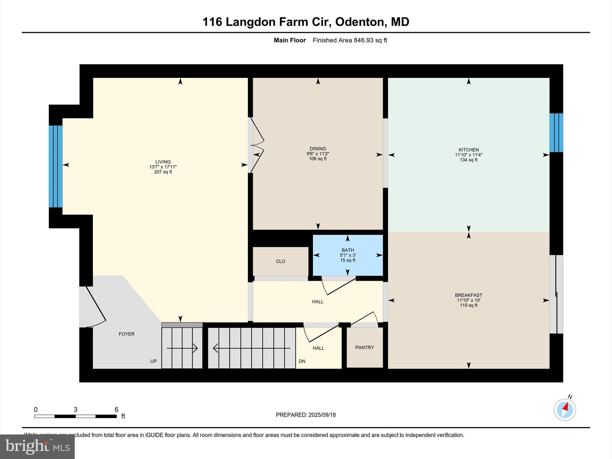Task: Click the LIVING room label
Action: (x=163, y=162)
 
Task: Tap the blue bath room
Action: (x=348, y=255)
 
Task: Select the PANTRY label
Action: (x=364, y=348)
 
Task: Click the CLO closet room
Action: (x=280, y=261)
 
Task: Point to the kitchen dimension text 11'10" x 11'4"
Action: (x=468, y=155)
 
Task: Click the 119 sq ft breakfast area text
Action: (x=468, y=305)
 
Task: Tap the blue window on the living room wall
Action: (x=56, y=166)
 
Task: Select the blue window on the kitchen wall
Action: (x=556, y=133)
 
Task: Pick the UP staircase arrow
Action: (x=182, y=348)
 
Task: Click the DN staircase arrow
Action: (x=251, y=348)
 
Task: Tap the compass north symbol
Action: (x=564, y=410)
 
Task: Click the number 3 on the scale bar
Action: (x=76, y=410)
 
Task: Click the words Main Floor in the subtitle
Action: (x=290, y=40)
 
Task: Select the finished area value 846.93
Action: (x=363, y=40)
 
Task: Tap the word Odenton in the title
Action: (x=359, y=22)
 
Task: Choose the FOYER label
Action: (x=126, y=334)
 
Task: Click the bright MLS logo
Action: (x=37, y=447)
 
